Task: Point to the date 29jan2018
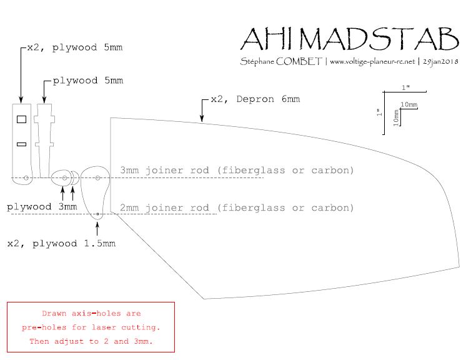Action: (440, 62)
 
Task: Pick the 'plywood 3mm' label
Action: (42, 206)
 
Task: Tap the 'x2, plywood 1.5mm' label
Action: (61, 243)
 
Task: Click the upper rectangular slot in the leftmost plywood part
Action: (21, 119)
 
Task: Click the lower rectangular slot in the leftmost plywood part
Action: (21, 144)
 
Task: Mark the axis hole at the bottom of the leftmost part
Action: (26, 178)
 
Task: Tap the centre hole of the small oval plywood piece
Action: (64, 178)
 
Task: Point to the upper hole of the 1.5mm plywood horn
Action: (98, 178)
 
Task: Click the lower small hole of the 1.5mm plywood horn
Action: (98, 214)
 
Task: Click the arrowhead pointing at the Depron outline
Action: (201, 117)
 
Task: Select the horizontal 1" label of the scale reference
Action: (406, 87)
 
